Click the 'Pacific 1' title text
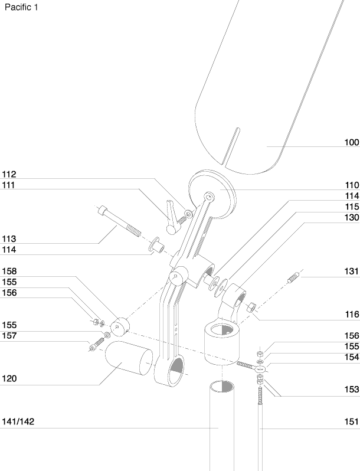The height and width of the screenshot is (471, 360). click(21, 7)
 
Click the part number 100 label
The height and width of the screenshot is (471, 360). click(352, 142)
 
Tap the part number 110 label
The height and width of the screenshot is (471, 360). click(352, 185)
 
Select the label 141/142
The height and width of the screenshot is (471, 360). click(18, 421)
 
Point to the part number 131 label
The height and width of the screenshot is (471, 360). click(352, 272)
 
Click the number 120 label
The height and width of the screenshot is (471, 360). click(9, 378)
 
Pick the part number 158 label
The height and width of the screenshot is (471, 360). click(9, 272)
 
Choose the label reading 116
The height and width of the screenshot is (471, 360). click(352, 314)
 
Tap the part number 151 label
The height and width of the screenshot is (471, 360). click(352, 421)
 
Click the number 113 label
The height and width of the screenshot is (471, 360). click(9, 239)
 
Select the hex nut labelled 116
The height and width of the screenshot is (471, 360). click(251, 308)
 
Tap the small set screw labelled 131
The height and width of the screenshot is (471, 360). click(292, 278)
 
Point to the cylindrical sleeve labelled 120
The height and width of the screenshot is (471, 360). click(129, 358)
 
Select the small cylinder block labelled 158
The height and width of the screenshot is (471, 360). click(120, 326)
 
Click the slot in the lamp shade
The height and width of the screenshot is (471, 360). click(231, 146)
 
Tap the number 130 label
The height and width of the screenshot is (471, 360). click(352, 217)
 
